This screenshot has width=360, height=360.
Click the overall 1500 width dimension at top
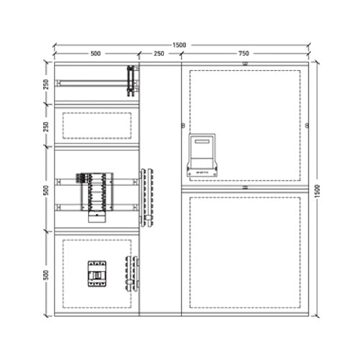[x=179, y=45]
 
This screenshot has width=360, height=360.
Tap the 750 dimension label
[x=244, y=54]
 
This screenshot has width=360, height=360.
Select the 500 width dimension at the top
[x=95, y=54]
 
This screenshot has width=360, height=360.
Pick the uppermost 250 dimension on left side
[x=46, y=84]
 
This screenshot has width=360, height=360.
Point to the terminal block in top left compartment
[x=130, y=80]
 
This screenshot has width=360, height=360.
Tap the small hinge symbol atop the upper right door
[x=245, y=63]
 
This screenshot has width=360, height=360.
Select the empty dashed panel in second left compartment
[x=96, y=125]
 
